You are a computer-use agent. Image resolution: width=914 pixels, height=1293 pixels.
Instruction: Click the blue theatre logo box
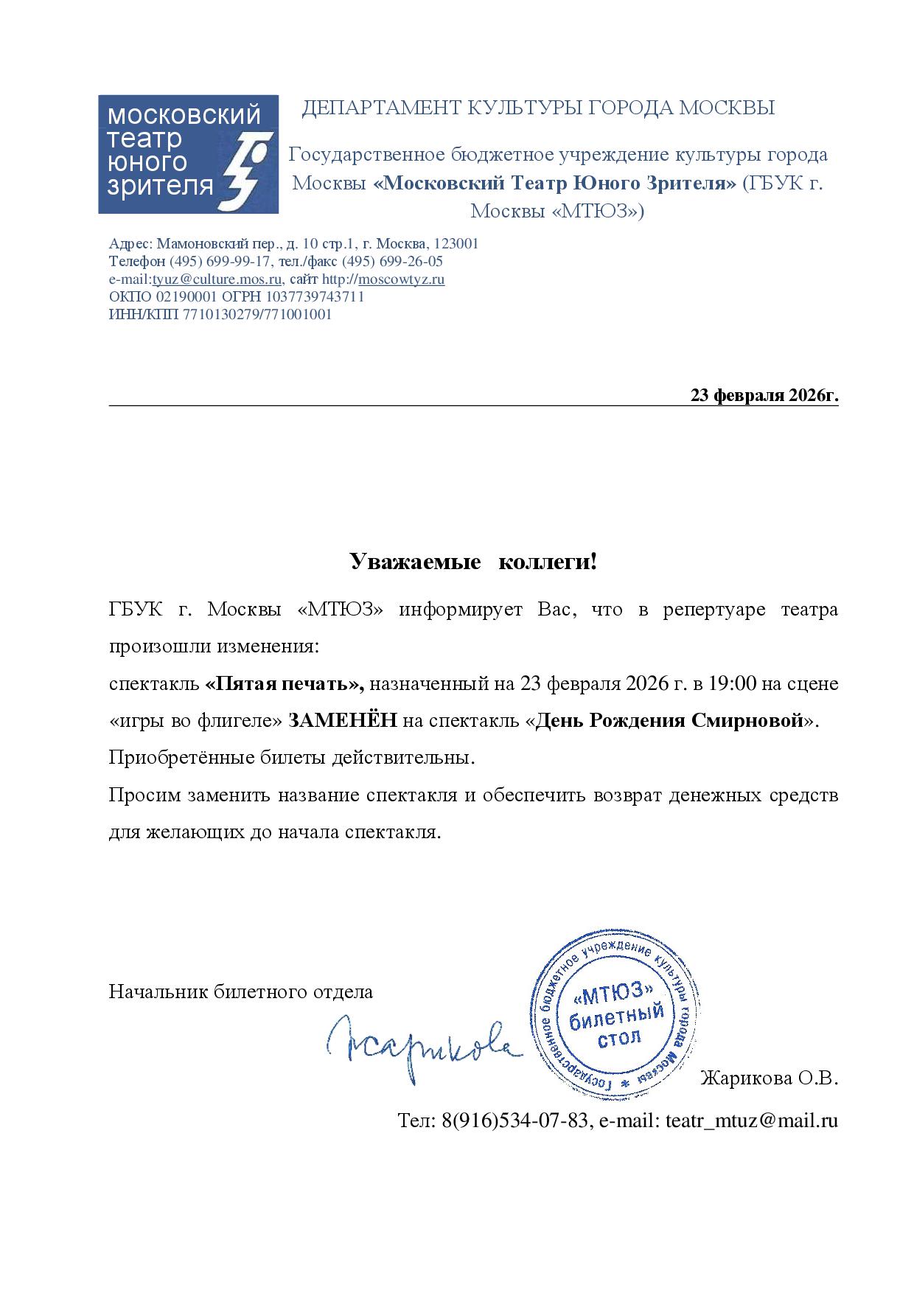188,154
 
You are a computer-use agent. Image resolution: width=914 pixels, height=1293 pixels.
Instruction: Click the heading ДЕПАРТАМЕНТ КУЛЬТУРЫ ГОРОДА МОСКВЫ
538,108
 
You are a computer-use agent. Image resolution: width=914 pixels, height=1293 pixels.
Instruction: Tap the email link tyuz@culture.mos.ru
217,279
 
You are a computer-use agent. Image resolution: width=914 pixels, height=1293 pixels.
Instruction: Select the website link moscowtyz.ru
401,279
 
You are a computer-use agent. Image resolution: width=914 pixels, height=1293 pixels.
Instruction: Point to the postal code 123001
456,244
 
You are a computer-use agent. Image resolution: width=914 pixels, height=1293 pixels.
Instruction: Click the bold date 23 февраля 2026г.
764,396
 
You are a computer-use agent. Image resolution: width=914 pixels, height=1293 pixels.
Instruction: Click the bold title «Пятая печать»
285,684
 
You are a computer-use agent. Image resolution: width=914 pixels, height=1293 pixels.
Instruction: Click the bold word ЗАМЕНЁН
343,721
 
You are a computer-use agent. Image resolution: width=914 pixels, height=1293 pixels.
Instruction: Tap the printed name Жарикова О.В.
769,1079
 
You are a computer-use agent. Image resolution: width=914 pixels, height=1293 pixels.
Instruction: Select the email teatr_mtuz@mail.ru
752,1121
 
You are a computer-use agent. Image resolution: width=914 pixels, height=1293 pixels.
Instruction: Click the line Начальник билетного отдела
241,991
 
